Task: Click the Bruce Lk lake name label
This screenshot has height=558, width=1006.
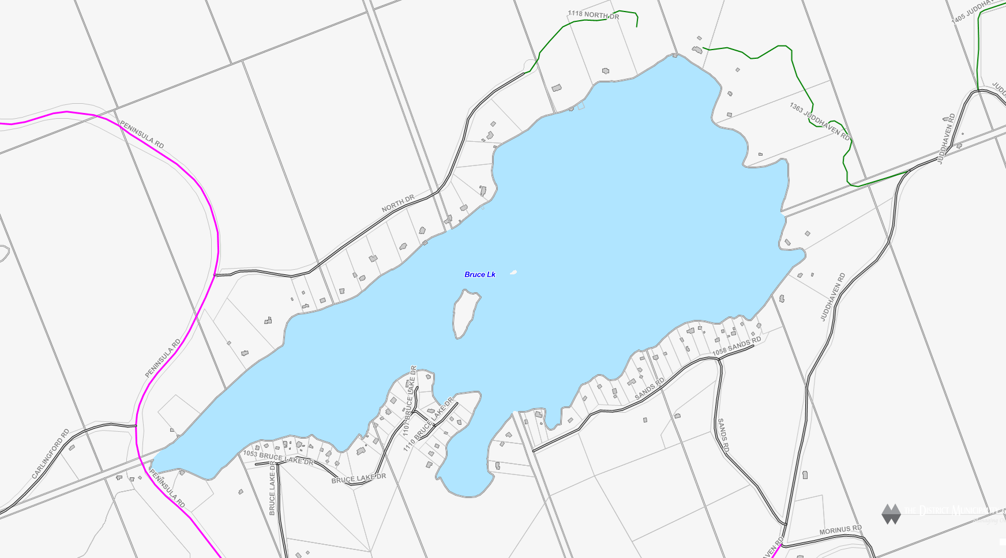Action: pos(480,274)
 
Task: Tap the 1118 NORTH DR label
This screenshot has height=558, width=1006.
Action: pos(593,15)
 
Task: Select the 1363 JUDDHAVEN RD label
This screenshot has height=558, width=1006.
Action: pos(819,121)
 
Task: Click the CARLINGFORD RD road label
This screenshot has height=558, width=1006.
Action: pos(50,454)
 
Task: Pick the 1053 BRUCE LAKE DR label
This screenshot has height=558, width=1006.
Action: pos(278,458)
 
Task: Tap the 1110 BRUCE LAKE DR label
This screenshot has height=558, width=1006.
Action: pos(429,424)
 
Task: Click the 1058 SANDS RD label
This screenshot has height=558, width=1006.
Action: pos(737,346)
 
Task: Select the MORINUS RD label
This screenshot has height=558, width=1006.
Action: pos(840,530)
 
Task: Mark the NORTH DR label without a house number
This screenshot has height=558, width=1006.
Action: pos(398,203)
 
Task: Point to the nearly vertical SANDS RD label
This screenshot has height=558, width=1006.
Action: pos(723,435)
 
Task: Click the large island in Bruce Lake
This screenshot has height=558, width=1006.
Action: pos(466,313)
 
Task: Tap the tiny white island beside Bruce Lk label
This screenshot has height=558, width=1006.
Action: pos(513,272)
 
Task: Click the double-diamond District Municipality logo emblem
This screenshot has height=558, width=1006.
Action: pos(891,514)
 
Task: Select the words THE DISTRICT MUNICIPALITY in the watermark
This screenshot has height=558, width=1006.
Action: pos(952,510)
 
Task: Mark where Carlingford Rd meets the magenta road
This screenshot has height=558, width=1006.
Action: pos(136,426)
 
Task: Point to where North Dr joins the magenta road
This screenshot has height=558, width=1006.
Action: pos(214,275)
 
